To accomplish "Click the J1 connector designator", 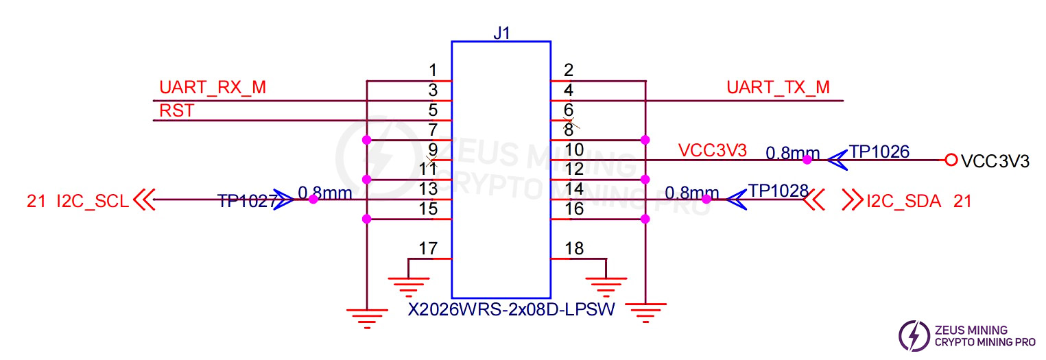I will [501, 32].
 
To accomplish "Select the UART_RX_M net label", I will [213, 88].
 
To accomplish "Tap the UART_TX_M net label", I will [778, 88].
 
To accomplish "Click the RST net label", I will [176, 110].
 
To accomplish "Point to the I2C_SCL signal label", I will [92, 201].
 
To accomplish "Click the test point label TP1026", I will [879, 152].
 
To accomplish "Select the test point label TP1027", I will [247, 201].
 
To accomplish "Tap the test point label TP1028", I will [778, 191].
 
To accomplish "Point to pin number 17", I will [428, 248].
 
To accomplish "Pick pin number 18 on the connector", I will [574, 248].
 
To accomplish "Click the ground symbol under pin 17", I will [408, 283].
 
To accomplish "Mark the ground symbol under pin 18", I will [606, 283].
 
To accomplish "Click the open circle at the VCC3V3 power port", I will [951, 160].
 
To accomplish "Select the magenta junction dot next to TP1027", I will [313, 200].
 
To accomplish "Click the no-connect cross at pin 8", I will [569, 125].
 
